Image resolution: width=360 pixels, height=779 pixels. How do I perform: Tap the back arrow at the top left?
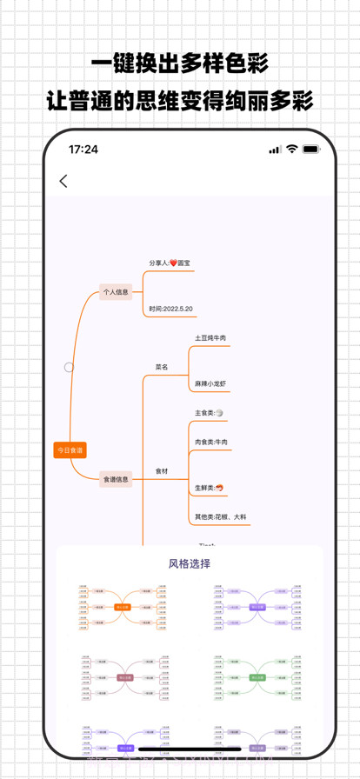click(63, 182)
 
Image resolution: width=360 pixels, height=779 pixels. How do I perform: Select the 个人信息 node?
click(116, 293)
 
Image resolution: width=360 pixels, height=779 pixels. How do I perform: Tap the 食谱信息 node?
click(116, 479)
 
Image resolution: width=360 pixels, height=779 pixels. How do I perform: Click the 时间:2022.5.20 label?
click(170, 309)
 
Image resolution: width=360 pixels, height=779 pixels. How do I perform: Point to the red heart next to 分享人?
click(173, 263)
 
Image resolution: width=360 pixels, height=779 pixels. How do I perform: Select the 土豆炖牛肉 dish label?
click(210, 337)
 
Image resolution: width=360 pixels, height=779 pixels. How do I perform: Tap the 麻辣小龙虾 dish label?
click(210, 383)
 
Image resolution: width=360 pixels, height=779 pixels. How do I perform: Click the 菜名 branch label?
click(163, 367)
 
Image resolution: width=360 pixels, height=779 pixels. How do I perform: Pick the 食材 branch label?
click(163, 470)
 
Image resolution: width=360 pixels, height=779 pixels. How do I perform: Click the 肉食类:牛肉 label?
click(211, 443)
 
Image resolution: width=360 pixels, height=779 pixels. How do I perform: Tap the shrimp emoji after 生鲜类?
click(221, 488)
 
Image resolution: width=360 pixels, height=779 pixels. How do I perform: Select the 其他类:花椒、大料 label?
click(221, 516)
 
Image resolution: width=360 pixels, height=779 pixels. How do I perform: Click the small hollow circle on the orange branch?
click(69, 367)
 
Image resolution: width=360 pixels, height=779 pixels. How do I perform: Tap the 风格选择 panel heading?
click(190, 563)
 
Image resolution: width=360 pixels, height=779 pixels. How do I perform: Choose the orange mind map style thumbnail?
click(123, 606)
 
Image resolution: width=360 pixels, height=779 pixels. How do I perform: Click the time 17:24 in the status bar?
click(83, 150)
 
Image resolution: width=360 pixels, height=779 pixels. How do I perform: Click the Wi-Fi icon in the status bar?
click(291, 150)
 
